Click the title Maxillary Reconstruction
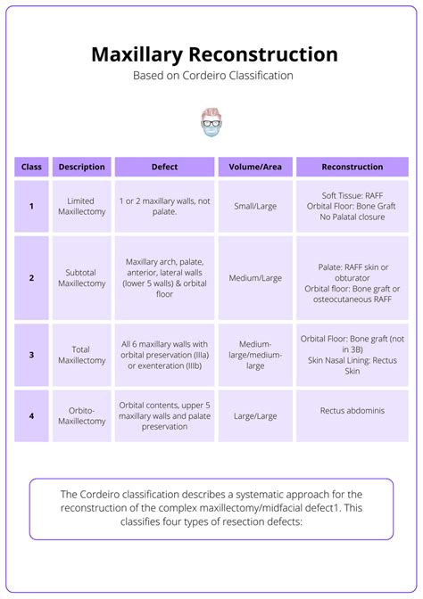[214, 54]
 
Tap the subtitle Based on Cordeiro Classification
[213, 76]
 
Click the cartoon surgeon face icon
[211, 122]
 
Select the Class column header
[31, 167]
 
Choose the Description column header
[81, 167]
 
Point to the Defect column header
[164, 167]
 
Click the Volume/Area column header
[254, 167]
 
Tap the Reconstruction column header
[352, 167]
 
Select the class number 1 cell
[31, 206]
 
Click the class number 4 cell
[31, 415]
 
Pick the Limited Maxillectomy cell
[81, 206]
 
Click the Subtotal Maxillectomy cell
[81, 278]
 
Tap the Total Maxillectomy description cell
[81, 355]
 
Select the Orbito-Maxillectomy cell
[81, 415]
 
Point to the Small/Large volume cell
[254, 206]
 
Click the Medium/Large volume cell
[254, 278]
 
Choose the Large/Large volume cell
[254, 415]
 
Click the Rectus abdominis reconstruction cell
[352, 411]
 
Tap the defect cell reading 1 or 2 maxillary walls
[164, 206]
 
